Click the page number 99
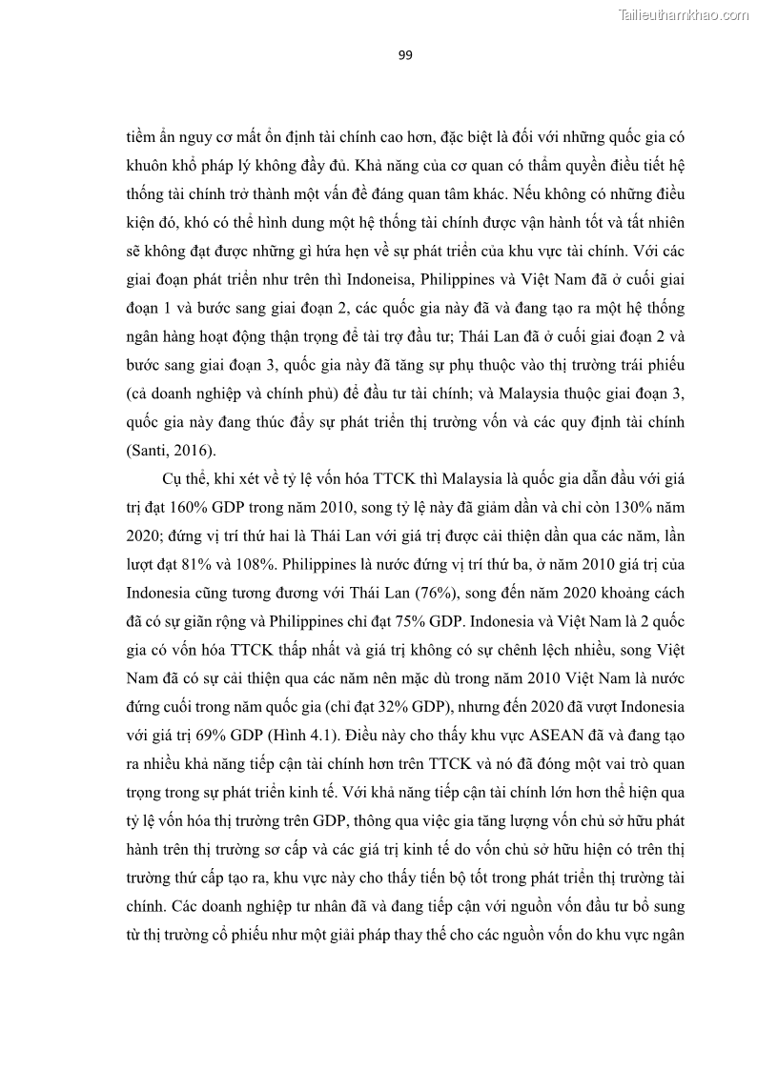[404, 55]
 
